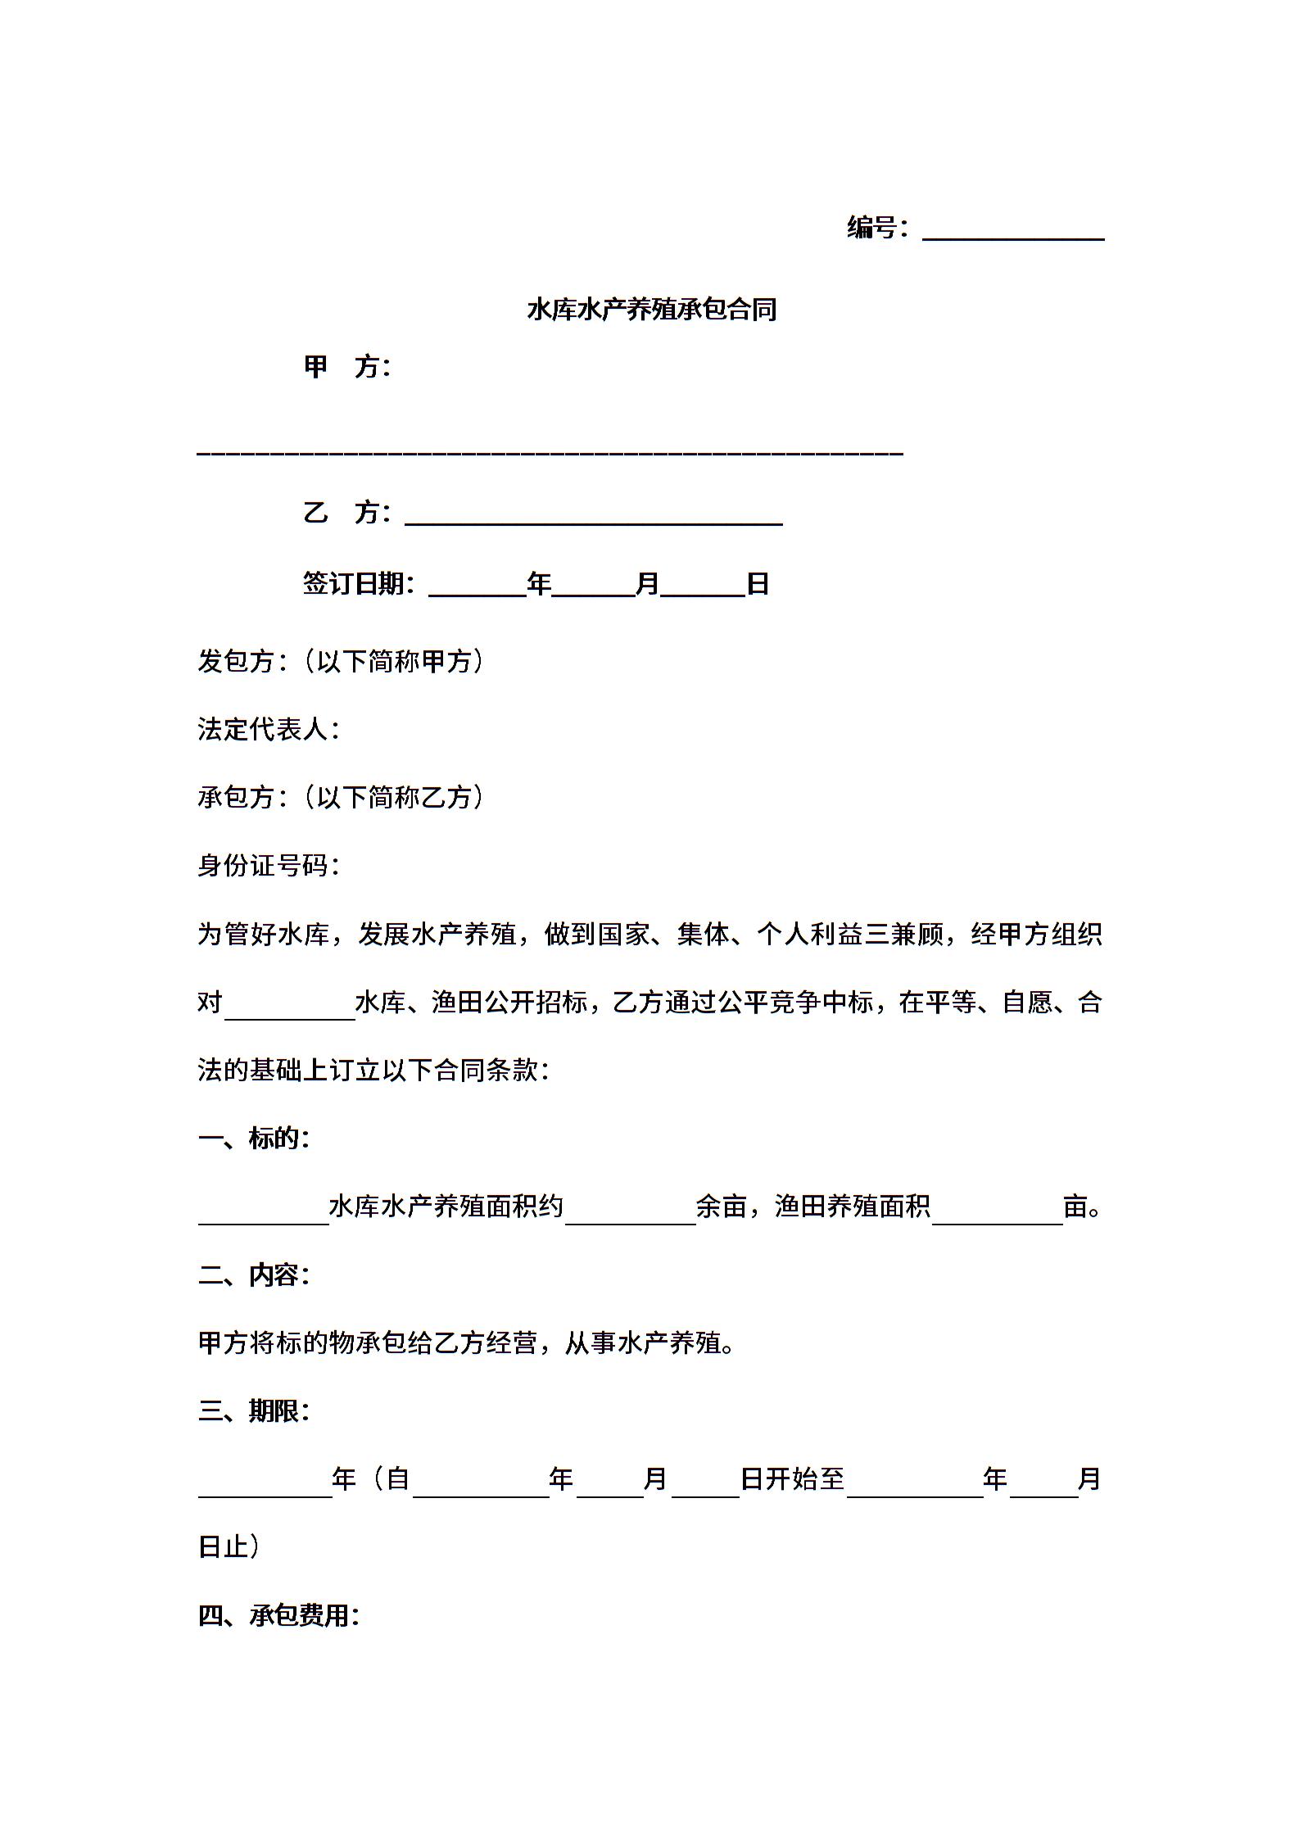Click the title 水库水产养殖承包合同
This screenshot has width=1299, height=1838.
pos(651,310)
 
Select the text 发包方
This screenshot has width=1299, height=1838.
pos(237,661)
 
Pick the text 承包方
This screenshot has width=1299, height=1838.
pos(237,797)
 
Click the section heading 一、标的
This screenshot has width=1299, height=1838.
pos(253,1138)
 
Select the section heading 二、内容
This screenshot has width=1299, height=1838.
pos(253,1274)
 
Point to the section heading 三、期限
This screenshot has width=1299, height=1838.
pos(253,1410)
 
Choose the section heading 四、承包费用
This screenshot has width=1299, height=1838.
pos(278,1615)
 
